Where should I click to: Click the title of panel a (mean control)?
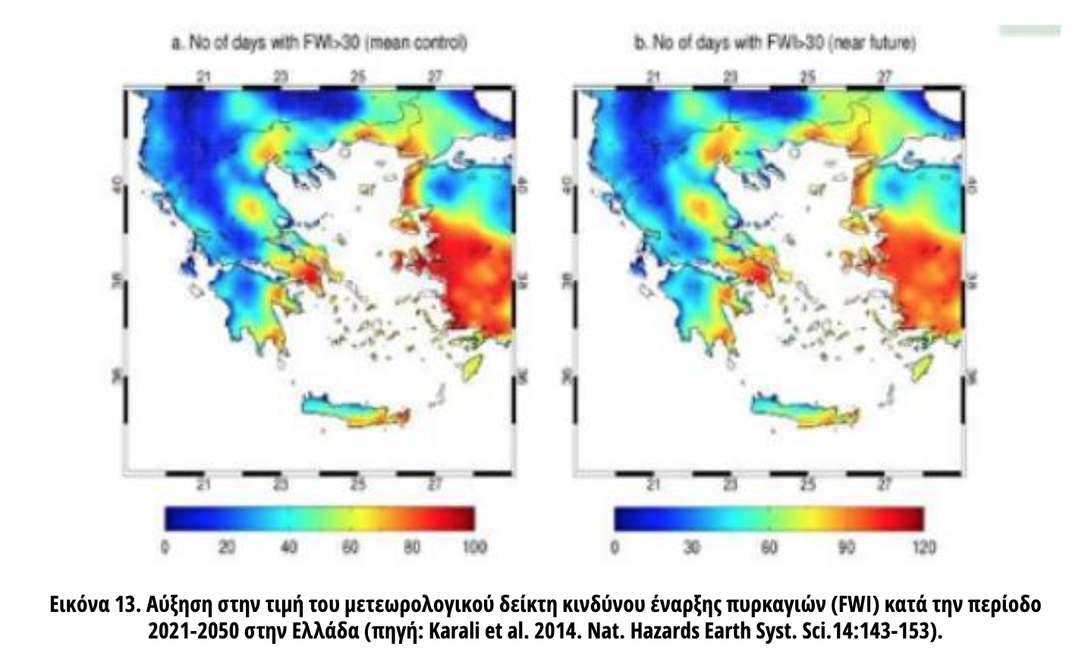tap(319, 43)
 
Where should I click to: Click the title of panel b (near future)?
tap(775, 43)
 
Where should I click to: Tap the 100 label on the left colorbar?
tap(474, 547)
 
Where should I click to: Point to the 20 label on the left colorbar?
tap(227, 547)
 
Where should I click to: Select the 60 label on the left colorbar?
tap(350, 547)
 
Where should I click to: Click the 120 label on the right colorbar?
tap(923, 547)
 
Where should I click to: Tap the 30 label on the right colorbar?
tap(692, 547)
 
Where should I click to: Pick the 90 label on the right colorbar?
tap(846, 547)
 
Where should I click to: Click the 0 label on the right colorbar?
tap(615, 547)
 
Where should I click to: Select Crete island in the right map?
tap(804, 409)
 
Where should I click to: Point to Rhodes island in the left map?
tap(474, 368)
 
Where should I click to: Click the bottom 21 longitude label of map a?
tap(203, 484)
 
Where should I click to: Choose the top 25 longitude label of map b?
tap(808, 77)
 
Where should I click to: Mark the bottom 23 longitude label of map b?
tap(730, 484)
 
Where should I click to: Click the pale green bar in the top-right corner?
tap(1030, 30)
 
